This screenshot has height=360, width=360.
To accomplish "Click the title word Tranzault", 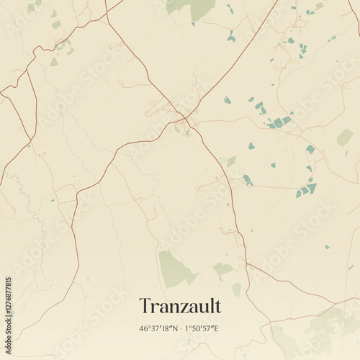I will point(179,306).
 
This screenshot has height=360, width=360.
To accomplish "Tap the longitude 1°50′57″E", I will point(202,329).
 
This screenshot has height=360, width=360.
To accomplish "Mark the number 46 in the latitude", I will point(144,329).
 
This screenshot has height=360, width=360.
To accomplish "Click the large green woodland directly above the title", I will point(175,267).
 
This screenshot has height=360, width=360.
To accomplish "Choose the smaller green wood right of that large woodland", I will point(222,269).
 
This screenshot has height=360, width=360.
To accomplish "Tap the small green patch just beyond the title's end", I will point(236,289).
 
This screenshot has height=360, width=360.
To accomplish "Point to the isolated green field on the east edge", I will point(345,137).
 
